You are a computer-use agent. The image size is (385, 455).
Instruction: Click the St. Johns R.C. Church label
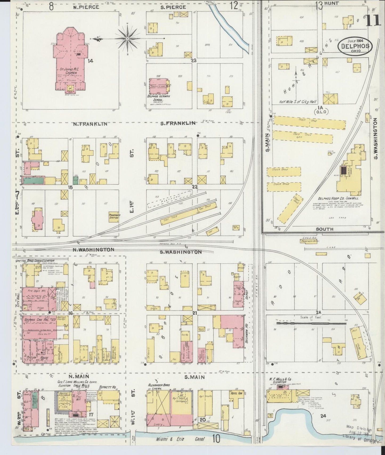pyautogui.click(x=71, y=71)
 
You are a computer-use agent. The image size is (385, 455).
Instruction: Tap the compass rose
pyautogui.click(x=128, y=39)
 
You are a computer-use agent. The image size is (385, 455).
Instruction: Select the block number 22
pyautogui.click(x=195, y=187)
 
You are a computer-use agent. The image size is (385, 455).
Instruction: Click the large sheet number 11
pyautogui.click(x=373, y=20)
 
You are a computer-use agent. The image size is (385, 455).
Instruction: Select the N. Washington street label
pyautogui.click(x=94, y=250)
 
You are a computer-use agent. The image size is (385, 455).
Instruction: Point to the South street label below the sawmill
pyautogui.click(x=325, y=229)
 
